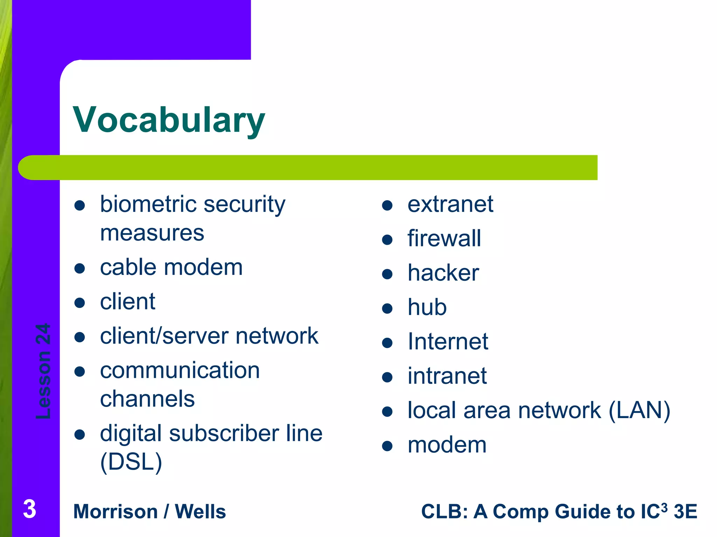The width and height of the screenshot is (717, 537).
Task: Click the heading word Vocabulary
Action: point(169,120)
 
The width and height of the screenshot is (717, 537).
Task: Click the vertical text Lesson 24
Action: point(43,371)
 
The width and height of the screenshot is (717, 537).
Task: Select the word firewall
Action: point(444,238)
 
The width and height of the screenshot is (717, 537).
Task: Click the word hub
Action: point(427,307)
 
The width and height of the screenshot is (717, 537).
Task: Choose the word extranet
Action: point(450,204)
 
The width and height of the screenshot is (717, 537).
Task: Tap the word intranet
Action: point(447,376)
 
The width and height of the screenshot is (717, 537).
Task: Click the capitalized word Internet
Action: point(448,342)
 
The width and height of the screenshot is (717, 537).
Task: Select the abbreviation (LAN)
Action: point(639,410)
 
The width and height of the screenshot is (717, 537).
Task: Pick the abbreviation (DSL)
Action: point(131,462)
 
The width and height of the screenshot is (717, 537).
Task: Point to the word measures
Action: point(152,233)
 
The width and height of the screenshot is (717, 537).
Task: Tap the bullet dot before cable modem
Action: point(80,268)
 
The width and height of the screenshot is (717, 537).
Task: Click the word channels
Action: point(147,399)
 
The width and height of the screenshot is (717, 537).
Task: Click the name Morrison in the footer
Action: point(116,511)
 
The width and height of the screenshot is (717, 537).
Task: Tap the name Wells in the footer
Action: point(200,511)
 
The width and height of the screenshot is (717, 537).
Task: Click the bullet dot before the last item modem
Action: point(387,446)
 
